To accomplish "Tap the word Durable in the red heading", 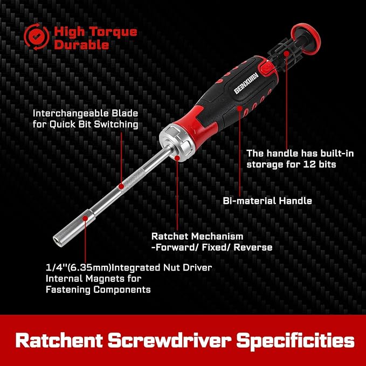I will (x=81, y=45).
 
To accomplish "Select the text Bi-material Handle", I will (x=267, y=201).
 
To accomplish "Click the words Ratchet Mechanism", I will (x=197, y=236).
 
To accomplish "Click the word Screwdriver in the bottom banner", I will (x=185, y=341).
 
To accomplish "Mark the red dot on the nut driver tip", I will (x=85, y=233).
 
